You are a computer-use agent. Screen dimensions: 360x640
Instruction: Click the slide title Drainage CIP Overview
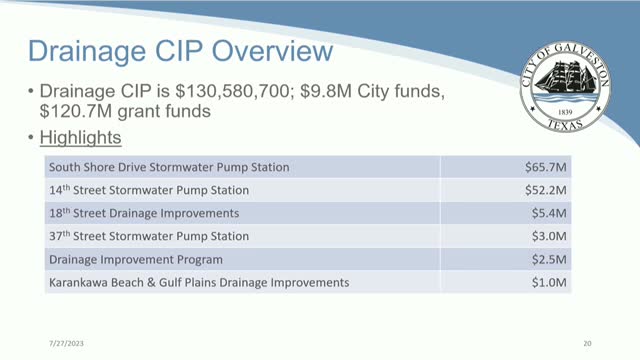coord(181,52)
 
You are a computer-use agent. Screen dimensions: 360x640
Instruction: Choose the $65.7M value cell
coord(548,166)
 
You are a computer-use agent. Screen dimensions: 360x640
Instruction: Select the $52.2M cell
coord(548,189)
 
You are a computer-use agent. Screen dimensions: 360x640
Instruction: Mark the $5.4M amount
coord(551,213)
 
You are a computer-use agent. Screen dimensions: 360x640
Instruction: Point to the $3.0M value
coord(551,236)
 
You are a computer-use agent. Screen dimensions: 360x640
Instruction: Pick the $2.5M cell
coord(551,259)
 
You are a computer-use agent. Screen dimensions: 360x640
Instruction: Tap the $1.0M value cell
coord(551,283)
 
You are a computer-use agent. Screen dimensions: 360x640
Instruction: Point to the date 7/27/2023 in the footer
coord(45,341)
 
